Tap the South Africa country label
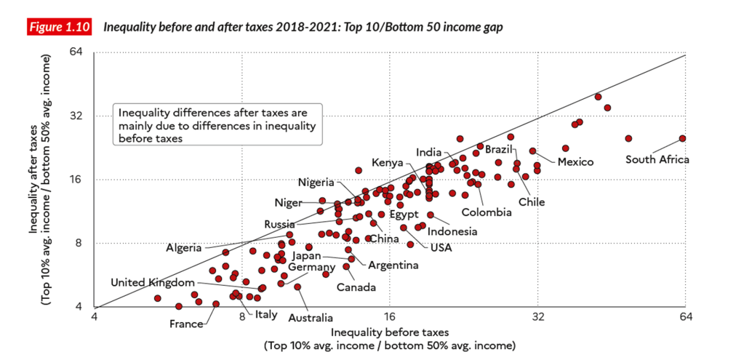pos(657,160)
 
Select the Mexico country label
pos(576,161)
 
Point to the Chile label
pos(532,201)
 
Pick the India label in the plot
pos(428,152)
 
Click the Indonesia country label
pos(452,231)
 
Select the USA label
pos(441,247)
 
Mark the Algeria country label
pos(184,247)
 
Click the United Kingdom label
pos(153,282)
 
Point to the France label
pos(186,324)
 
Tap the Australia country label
pos(311,317)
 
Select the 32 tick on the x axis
pos(537,317)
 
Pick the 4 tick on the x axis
pos(95,317)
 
